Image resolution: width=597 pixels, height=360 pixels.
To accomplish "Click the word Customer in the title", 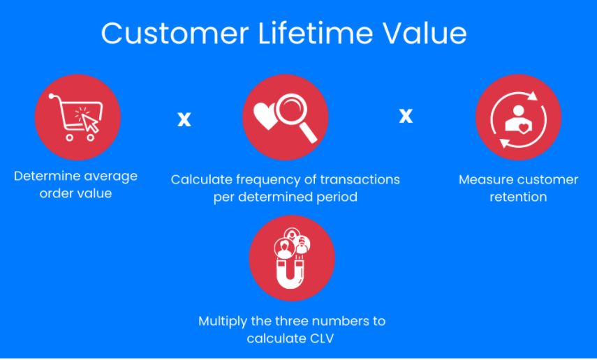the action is coord(175,33).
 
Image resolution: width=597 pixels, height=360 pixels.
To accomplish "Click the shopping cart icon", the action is coord(77,117).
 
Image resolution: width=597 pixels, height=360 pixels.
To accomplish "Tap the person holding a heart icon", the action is coord(518,119).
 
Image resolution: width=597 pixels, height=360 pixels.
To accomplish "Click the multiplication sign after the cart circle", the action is coord(184,119).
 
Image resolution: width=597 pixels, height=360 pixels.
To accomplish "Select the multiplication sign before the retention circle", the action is coord(406,115).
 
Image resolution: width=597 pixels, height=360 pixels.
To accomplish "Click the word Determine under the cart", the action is coord(47,177).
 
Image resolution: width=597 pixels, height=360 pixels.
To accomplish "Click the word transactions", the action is coord(360,179).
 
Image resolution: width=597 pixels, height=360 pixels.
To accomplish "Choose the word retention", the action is coord(518,197).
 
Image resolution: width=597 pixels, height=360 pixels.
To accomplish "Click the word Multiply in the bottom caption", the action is coord(223,322).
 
